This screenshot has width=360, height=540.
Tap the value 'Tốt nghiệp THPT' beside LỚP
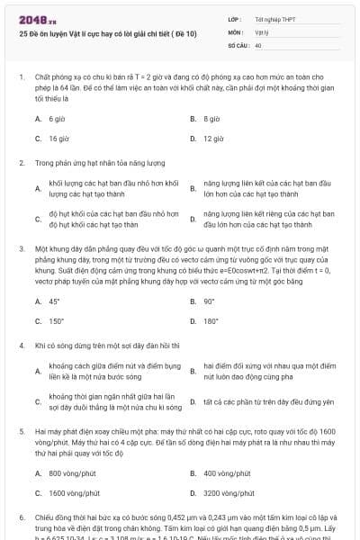click(x=274, y=18)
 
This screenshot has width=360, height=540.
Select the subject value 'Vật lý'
click(x=262, y=31)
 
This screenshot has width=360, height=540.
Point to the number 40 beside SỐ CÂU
click(x=258, y=44)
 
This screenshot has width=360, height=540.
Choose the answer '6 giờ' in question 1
click(x=57, y=119)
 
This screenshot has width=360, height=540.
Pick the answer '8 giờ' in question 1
click(x=211, y=119)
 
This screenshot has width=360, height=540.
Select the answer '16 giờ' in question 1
click(x=58, y=139)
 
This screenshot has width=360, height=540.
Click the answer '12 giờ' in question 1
click(x=213, y=139)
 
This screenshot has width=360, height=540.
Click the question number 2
click(x=21, y=163)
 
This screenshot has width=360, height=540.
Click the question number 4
click(x=21, y=345)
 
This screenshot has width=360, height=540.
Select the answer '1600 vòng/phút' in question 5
click(x=76, y=492)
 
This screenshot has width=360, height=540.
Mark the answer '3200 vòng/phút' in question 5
click(x=230, y=492)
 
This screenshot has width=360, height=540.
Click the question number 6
click(x=21, y=517)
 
